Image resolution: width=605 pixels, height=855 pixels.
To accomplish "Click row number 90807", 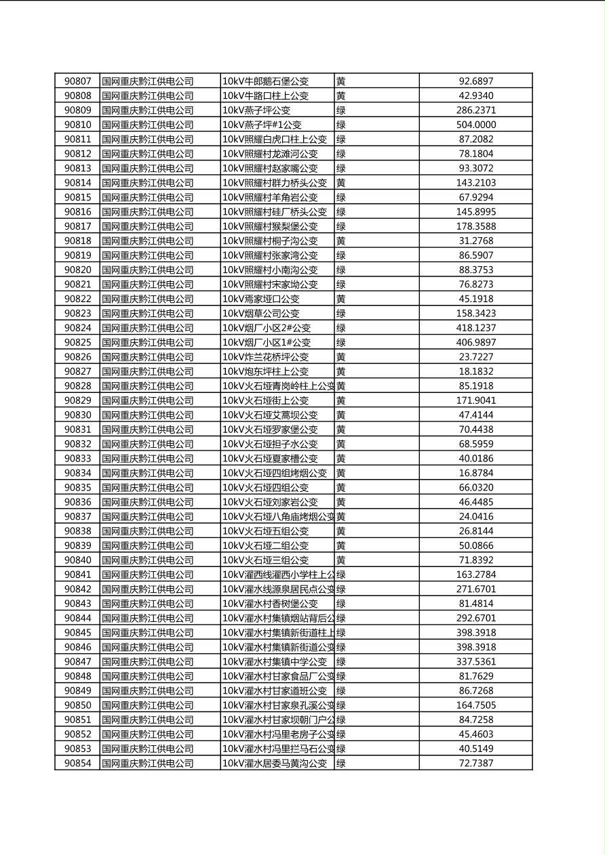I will coord(77,81).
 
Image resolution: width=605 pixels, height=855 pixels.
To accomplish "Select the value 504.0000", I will coord(475,125).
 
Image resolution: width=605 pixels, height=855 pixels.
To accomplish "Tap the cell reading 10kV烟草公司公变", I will coord(261,314).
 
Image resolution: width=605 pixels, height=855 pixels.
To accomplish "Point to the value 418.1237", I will coord(475,328).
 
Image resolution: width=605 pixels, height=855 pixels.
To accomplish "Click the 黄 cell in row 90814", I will coord(341,183).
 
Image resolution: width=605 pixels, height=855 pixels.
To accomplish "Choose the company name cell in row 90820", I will coord(148,270).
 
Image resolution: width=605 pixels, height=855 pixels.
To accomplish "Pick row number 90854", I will coord(77,763).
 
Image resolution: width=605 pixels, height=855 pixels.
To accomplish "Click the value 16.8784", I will coord(475,473).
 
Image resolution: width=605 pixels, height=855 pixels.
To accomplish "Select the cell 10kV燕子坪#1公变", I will coord(262,125).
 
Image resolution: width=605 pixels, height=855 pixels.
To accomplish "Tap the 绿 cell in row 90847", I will coord(341,661).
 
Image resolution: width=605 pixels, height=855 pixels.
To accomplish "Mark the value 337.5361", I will coord(475,661).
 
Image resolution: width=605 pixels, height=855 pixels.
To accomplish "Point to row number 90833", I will coord(77,459).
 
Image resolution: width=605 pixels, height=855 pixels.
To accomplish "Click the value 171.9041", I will coord(475,400).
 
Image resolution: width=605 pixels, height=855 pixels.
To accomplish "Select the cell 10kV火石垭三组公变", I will coord(266,560).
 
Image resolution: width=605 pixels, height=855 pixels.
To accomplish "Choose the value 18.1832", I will coord(475,371).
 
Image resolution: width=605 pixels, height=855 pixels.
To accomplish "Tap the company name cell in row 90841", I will coord(148,575).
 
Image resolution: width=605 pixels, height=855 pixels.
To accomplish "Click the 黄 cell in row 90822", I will coord(341,299).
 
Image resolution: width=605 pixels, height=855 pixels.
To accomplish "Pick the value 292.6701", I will coord(475,618).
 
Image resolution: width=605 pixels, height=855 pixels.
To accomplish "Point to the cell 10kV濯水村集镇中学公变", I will coord(275,661).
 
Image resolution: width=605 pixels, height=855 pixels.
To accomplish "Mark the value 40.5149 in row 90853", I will coord(475,749).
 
